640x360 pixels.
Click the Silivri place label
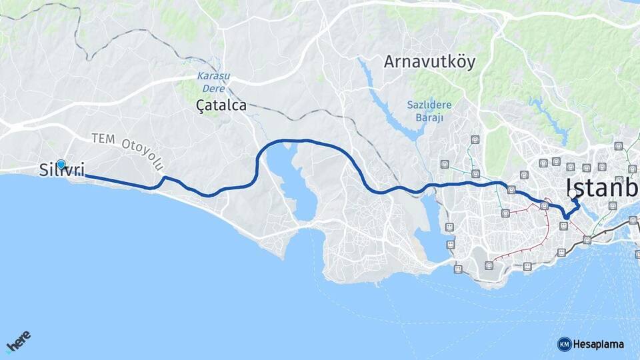tap(61, 171)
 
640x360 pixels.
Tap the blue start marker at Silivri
tap(61, 164)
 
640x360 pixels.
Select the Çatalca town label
tap(221, 105)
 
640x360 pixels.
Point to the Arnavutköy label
tap(429, 62)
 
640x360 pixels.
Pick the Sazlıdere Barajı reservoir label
tap(429, 111)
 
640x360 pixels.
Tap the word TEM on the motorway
tap(103, 138)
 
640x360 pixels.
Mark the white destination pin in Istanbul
tap(573, 194)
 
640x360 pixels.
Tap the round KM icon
tap(564, 344)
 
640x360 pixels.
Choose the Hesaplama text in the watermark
tap(598, 344)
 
